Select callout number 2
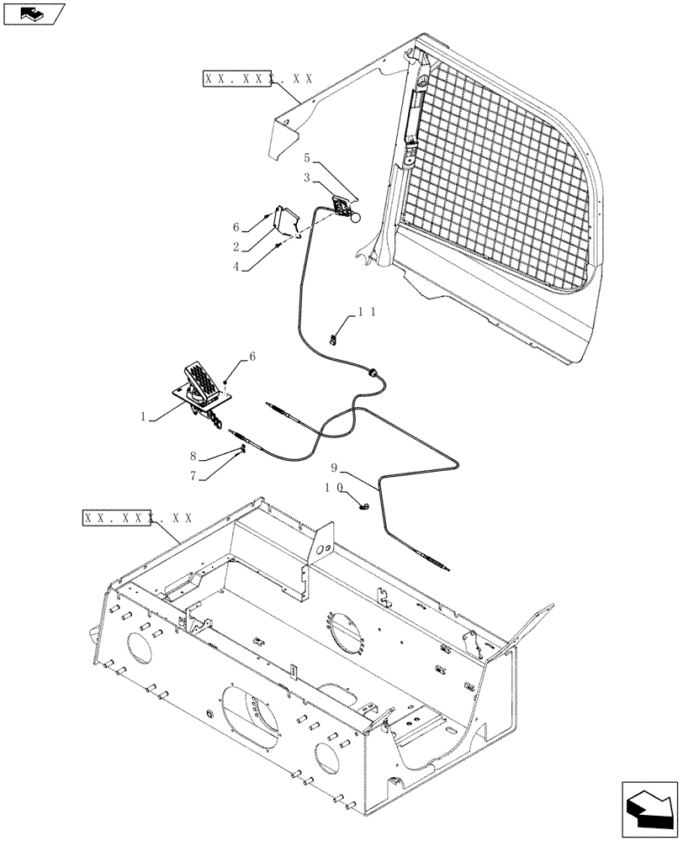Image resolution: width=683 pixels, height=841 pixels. point(236,246)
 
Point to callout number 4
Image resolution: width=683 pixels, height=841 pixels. point(236,267)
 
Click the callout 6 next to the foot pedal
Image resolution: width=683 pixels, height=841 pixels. point(252,357)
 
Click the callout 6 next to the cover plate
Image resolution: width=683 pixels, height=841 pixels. point(236,227)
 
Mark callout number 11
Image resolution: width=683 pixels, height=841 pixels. point(367,312)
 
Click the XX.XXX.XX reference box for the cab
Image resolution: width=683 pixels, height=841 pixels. point(257,79)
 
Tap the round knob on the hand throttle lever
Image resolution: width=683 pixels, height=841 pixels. point(357,218)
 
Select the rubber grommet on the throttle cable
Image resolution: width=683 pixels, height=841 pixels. point(371,372)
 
